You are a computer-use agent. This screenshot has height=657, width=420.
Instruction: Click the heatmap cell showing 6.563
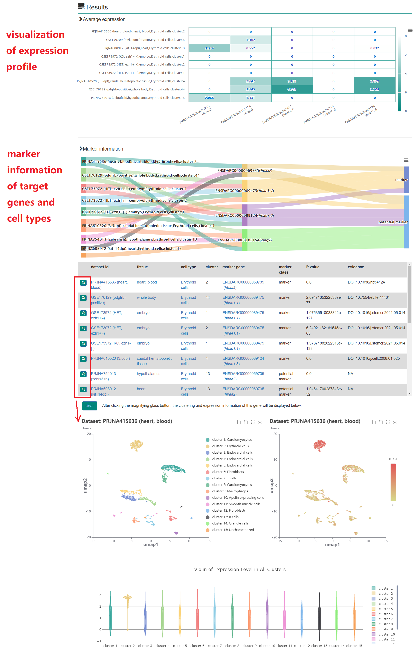(x=292, y=90)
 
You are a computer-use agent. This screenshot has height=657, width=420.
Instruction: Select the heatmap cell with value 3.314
(x=209, y=48)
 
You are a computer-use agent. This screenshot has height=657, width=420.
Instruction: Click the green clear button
(x=90, y=406)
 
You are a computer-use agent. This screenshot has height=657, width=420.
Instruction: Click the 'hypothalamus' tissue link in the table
(x=148, y=374)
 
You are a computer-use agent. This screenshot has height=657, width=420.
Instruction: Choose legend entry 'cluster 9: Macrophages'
(x=230, y=491)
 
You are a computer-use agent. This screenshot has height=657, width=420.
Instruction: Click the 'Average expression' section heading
(x=104, y=19)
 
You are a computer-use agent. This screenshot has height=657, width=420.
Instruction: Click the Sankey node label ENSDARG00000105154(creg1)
(x=244, y=240)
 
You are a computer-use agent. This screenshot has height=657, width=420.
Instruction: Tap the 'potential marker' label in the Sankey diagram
(x=393, y=222)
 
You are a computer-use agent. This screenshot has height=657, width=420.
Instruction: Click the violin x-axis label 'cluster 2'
(x=127, y=646)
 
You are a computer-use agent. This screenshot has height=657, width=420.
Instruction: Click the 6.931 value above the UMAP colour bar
(x=393, y=459)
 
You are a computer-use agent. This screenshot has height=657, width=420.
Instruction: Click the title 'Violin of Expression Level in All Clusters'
(x=240, y=569)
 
